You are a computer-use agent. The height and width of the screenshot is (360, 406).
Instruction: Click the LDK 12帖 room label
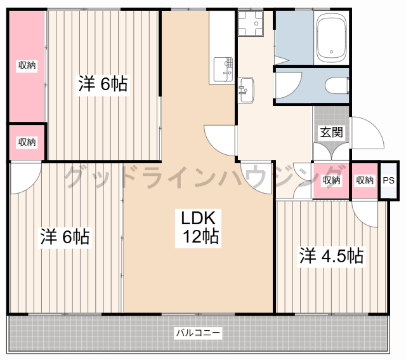pos(199,227)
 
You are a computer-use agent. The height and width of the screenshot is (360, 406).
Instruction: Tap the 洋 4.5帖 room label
pos(331,255)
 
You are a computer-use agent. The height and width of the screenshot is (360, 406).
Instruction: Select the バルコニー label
pos(198,332)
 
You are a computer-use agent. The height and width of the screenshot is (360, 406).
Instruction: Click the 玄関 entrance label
pos(331,132)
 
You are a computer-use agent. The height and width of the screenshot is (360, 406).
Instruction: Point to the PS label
pos(388,180)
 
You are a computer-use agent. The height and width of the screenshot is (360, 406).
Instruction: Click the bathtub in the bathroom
pos(331,37)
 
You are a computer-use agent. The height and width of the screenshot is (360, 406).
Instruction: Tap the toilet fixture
pos(337,85)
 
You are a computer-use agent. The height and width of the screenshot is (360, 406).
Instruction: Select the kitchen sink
pos(223,69)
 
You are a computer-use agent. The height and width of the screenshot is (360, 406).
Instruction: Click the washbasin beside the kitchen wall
pos(246,90)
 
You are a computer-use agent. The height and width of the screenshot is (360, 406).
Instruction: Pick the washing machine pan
pos(251,23)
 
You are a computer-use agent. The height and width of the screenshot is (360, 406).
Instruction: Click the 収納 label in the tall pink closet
pos(27,65)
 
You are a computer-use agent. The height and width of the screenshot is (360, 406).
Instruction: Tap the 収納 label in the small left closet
pos(27,142)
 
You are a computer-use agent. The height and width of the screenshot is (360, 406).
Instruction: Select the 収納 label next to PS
pos(365,180)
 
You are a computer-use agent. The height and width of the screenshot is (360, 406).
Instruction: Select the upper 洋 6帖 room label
pos(103,83)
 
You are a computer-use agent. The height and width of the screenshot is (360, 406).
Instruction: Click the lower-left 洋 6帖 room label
pos(65,236)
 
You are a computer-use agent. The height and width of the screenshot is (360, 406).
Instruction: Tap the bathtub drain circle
pos(331,52)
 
